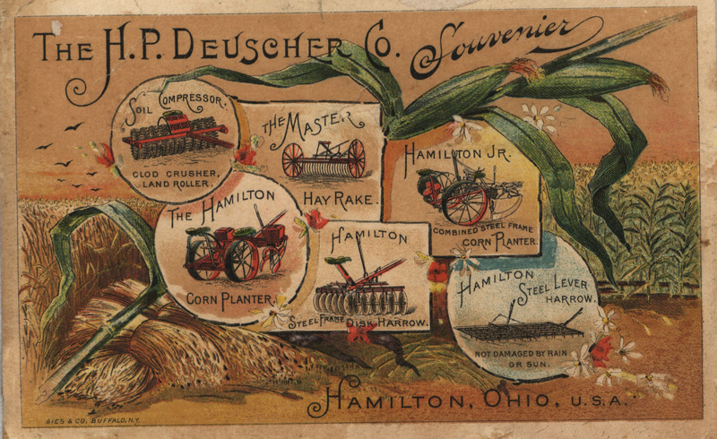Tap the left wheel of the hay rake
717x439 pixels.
point(292,159)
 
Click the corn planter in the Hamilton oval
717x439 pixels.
point(235,249)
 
